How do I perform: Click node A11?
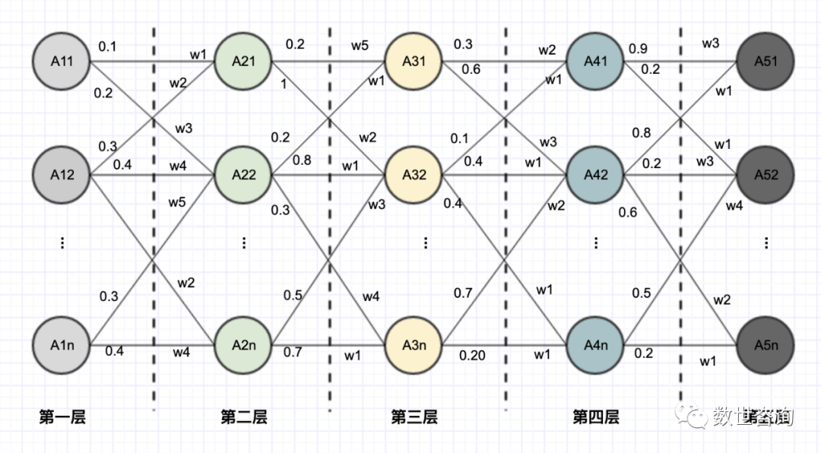(x=62, y=62)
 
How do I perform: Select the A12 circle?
(x=62, y=174)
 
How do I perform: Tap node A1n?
(x=62, y=345)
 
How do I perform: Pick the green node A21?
(x=243, y=62)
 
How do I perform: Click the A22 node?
(x=243, y=174)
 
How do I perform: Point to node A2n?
(x=243, y=345)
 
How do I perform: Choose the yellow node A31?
(x=414, y=62)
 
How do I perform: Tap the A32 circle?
(x=414, y=174)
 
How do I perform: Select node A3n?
(x=414, y=345)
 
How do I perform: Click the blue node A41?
(x=595, y=62)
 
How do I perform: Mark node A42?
(x=595, y=174)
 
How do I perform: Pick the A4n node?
(x=595, y=345)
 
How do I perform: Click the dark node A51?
(x=766, y=62)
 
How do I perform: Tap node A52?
(x=766, y=174)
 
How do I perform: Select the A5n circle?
(x=766, y=345)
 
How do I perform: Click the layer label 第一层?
(x=62, y=417)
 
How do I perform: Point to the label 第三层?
(x=414, y=417)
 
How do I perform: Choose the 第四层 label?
(x=596, y=417)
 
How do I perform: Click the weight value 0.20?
(x=472, y=356)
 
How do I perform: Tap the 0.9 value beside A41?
(x=639, y=49)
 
